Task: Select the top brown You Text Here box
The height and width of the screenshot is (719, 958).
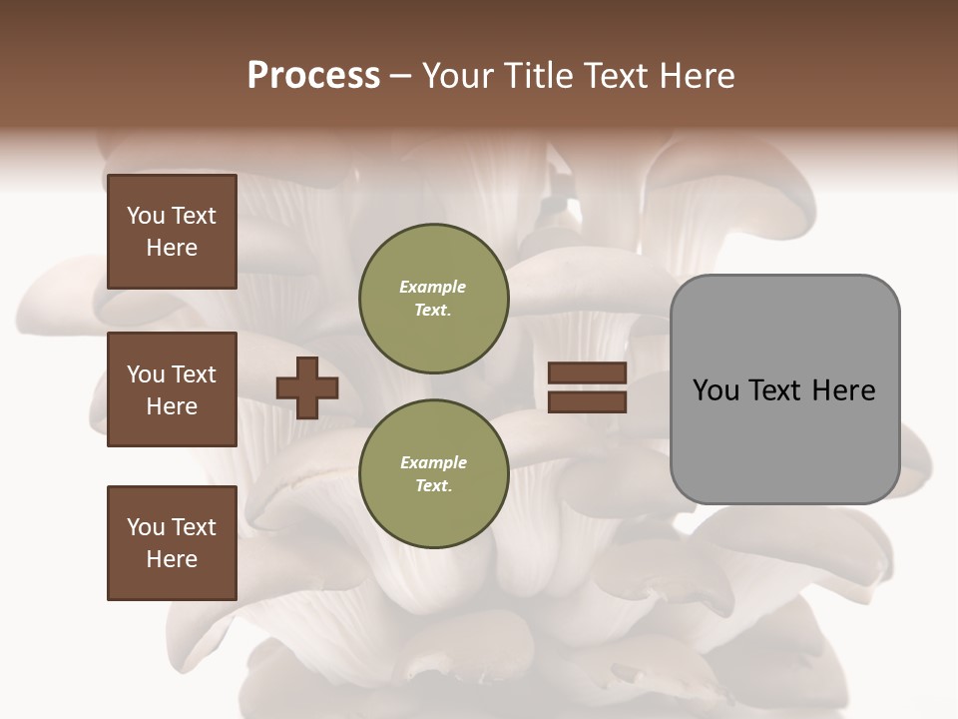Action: (172, 232)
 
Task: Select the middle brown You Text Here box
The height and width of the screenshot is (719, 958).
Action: (172, 389)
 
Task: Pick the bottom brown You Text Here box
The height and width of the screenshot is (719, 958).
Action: (172, 543)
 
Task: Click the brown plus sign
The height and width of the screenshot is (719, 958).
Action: (307, 387)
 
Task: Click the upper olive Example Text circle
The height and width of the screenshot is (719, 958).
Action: (434, 299)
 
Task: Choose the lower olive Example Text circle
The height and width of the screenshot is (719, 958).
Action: (434, 473)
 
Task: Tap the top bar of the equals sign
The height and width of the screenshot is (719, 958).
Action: (587, 372)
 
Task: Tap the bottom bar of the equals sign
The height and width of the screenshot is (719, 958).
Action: (587, 401)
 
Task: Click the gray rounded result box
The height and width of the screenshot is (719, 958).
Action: (784, 439)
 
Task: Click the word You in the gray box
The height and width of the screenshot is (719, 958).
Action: (717, 390)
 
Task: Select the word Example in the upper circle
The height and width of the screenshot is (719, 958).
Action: (433, 287)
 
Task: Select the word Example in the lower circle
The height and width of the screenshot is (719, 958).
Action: (433, 462)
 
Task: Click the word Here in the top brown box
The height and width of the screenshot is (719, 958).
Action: (172, 248)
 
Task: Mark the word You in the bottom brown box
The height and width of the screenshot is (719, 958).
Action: (146, 527)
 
